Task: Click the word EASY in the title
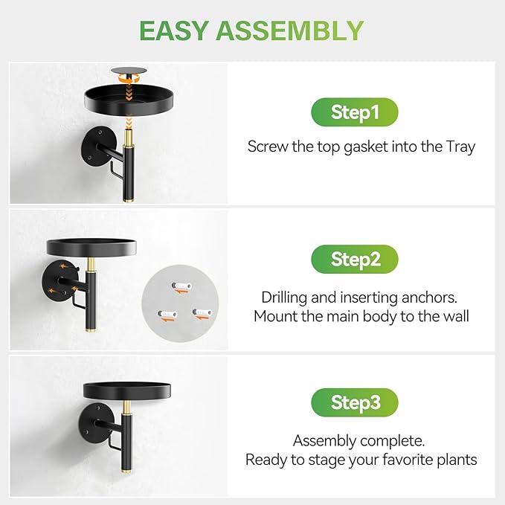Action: pyautogui.click(x=173, y=30)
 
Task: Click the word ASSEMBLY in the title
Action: pyautogui.click(x=290, y=30)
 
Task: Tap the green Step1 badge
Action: pyautogui.click(x=355, y=112)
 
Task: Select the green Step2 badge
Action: pyautogui.click(x=355, y=260)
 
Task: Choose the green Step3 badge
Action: pyautogui.click(x=355, y=402)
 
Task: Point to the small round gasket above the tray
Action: pyautogui.click(x=129, y=71)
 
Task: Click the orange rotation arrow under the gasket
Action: pyautogui.click(x=129, y=78)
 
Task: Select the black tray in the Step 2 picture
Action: pyautogui.click(x=91, y=248)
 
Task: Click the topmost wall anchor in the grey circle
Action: pyautogui.click(x=181, y=286)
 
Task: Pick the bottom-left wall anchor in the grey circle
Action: pyautogui.click(x=168, y=315)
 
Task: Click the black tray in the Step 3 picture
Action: pyautogui.click(x=127, y=391)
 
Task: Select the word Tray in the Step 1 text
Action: pyautogui.click(x=460, y=147)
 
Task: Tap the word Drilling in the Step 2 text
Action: pyautogui.click(x=284, y=298)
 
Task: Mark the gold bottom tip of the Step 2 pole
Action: pyautogui.click(x=91, y=329)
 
